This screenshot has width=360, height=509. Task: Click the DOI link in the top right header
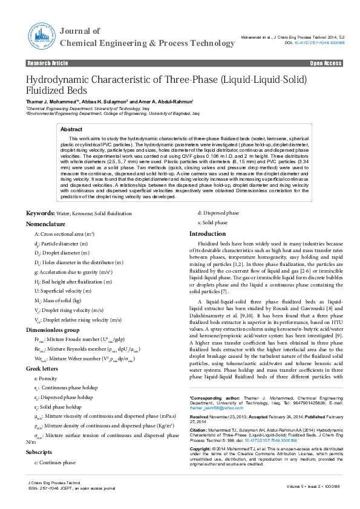[x=315, y=44]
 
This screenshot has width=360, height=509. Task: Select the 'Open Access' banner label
[x=326, y=63]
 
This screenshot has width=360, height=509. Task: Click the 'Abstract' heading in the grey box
[x=72, y=129]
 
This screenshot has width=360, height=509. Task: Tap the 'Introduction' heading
[x=208, y=233]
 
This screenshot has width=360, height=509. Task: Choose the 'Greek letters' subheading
[x=44, y=368]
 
